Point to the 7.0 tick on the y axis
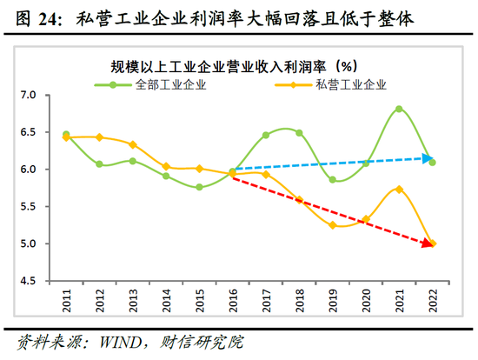pyautogui.click(x=29, y=95)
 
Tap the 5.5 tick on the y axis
pyautogui.click(x=29, y=207)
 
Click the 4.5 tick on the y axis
pyautogui.click(x=29, y=281)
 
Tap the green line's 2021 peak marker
pyautogui.click(x=399, y=109)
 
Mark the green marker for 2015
pyautogui.click(x=199, y=187)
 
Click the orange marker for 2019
pyautogui.click(x=332, y=225)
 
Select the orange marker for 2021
pyautogui.click(x=399, y=189)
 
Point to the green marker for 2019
pyautogui.click(x=332, y=180)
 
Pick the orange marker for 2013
pyautogui.click(x=133, y=144)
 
